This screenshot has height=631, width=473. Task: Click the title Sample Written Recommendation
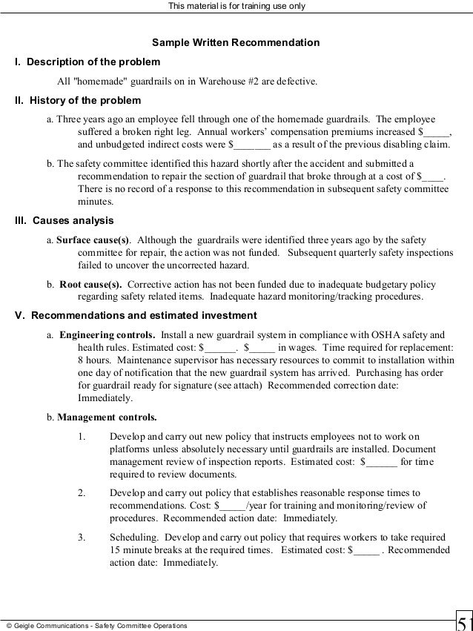(236, 42)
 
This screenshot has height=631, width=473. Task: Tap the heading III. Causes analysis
(64, 220)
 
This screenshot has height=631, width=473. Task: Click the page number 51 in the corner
(463, 621)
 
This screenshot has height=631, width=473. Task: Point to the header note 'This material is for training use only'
(236, 7)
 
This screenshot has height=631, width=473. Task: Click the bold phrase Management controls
(106, 416)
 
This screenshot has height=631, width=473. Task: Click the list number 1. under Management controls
(81, 435)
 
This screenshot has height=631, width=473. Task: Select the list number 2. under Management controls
(81, 492)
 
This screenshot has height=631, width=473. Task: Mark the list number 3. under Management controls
(81, 537)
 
